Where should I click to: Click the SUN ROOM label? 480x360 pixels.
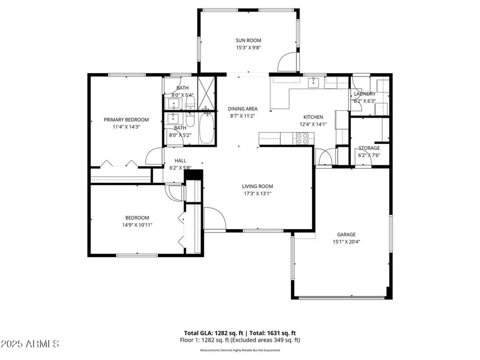pyautogui.click(x=248, y=40)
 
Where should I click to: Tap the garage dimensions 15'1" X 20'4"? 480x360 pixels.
pyautogui.click(x=346, y=242)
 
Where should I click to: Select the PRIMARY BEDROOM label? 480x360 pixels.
pyautogui.click(x=126, y=119)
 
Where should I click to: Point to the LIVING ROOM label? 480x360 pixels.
pyautogui.click(x=258, y=186)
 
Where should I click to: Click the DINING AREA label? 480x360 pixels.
pyautogui.click(x=242, y=109)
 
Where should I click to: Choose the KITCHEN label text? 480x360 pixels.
pyautogui.click(x=313, y=117)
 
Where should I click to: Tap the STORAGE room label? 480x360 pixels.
pyautogui.click(x=369, y=148)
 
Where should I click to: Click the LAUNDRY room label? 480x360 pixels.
pyautogui.click(x=365, y=94)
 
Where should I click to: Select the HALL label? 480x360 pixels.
pyautogui.click(x=181, y=161)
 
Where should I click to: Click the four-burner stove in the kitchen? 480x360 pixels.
pyautogui.click(x=302, y=138)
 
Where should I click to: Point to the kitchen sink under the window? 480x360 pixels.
pyautogui.click(x=314, y=82)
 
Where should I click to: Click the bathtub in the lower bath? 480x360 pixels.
pyautogui.click(x=206, y=127)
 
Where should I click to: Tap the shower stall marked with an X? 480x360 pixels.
pyautogui.click(x=207, y=93)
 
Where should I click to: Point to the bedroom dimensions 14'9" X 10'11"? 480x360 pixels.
pyautogui.click(x=137, y=225)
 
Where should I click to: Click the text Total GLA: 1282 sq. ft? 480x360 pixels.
pyautogui.click(x=214, y=333)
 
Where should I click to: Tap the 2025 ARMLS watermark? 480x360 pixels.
pyautogui.click(x=30, y=344)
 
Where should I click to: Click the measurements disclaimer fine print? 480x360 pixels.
pyautogui.click(x=240, y=350)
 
